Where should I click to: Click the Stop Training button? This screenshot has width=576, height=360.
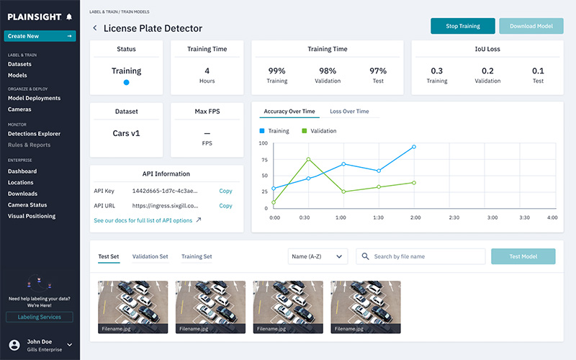[463, 26]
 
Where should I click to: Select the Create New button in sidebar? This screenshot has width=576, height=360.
[40, 36]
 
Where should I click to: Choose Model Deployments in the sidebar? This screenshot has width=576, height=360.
[39, 98]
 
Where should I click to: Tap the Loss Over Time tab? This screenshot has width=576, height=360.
[349, 112]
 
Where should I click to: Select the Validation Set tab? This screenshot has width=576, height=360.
[150, 256]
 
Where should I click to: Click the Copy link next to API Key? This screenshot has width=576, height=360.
[225, 191]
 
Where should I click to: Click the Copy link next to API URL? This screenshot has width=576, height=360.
[225, 206]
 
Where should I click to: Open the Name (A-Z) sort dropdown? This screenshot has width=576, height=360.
[317, 256]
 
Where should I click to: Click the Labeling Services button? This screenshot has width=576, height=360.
[40, 317]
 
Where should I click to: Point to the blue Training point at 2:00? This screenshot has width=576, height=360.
[413, 147]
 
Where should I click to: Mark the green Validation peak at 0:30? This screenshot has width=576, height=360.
[308, 159]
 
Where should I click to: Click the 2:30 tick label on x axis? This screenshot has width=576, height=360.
[454, 217]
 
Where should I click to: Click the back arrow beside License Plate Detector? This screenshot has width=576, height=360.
[95, 28]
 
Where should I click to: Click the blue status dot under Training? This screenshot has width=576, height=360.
[126, 83]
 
